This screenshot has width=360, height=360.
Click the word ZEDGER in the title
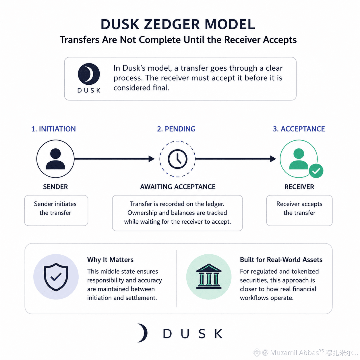pos(172,24)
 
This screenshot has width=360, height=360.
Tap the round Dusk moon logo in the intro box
pos(89,74)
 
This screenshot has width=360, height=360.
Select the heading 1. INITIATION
pos(53,129)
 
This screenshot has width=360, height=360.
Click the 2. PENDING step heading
pos(176,129)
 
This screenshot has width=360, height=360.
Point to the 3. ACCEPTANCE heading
pos(299,129)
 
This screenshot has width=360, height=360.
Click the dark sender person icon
pos(55,159)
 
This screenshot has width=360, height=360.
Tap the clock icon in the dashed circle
pos(177,159)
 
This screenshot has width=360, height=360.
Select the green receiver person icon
pos(299,159)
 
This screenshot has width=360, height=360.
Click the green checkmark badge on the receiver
pos(316,171)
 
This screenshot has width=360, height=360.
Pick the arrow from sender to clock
pos(114,159)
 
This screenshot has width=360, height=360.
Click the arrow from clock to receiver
pos(236,159)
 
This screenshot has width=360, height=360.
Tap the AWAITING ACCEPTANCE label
pos(178,187)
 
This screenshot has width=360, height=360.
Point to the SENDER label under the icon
pos(55,187)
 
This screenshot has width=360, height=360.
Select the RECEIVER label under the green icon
pos(299,187)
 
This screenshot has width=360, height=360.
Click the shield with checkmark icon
pos(56,277)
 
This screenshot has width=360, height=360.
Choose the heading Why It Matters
pos(110,260)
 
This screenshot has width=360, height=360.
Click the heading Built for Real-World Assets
pos(281,260)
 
